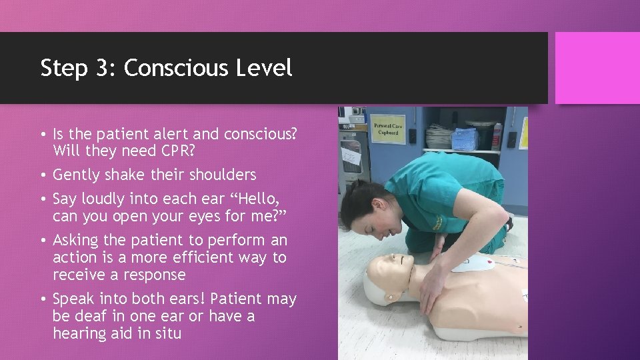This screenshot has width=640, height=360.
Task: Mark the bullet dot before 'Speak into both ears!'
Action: tap(42, 299)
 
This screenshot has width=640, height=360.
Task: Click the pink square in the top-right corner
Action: tap(597, 69)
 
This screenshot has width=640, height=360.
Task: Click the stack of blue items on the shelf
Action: tap(465, 139)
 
